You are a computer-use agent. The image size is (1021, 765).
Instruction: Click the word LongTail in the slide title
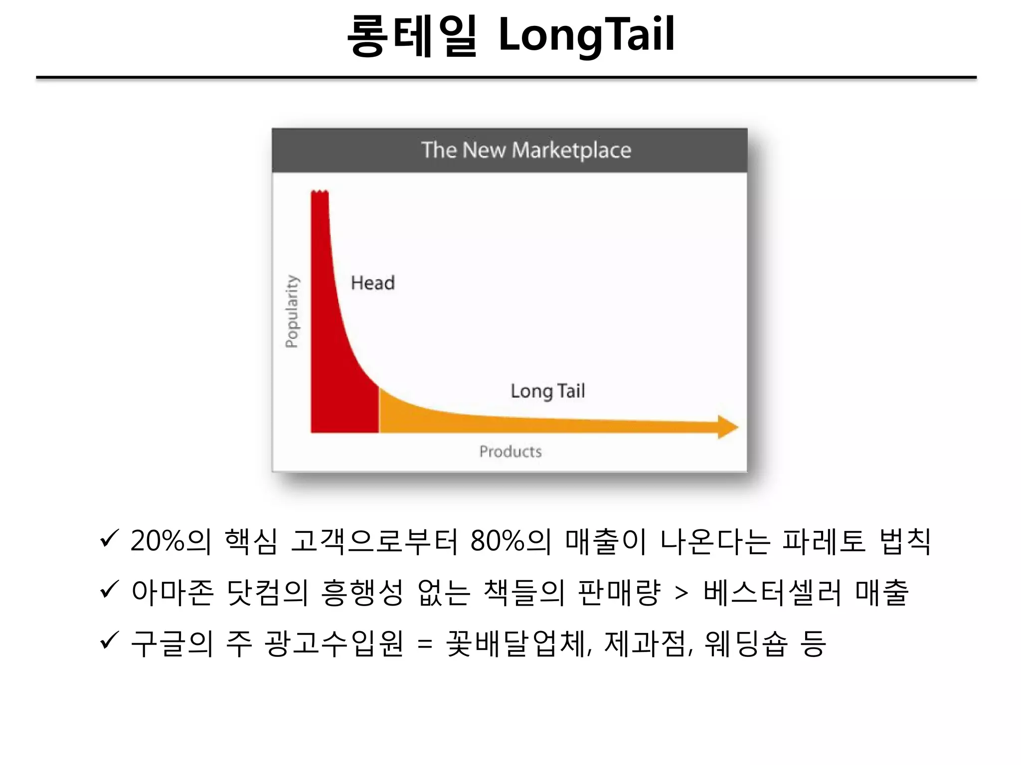[x=586, y=35]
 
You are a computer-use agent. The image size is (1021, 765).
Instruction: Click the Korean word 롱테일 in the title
[x=412, y=36]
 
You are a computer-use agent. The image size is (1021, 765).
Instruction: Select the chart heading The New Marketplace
[x=526, y=150]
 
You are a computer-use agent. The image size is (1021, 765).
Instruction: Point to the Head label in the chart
[x=372, y=283]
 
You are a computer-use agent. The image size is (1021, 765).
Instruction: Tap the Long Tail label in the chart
[x=547, y=391]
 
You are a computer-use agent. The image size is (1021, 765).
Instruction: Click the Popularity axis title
[x=292, y=311]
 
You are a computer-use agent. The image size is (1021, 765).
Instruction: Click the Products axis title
[x=510, y=451]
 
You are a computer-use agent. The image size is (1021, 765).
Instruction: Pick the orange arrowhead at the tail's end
[x=727, y=427]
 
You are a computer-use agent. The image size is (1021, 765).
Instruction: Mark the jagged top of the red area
[x=320, y=192]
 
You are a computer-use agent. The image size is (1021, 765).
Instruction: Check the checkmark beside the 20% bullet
[x=109, y=538]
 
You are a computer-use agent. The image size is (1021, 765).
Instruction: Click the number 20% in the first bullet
[x=158, y=541]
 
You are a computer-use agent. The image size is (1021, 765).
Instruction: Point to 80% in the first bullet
[x=497, y=541]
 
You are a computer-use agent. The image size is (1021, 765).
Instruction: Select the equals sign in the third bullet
[x=425, y=644]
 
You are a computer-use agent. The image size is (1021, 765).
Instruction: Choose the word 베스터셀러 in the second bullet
[x=772, y=593]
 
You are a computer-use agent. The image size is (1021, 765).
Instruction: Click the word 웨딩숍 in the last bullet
[x=746, y=643]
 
